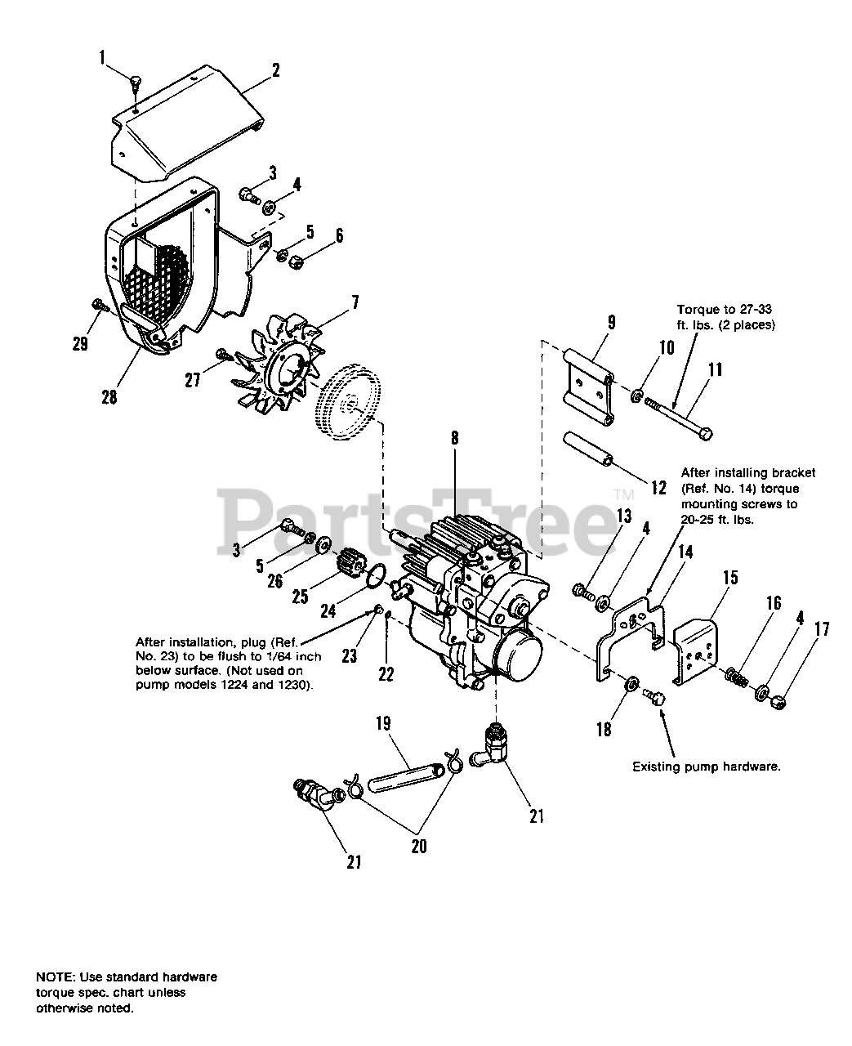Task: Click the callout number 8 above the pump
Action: (x=453, y=438)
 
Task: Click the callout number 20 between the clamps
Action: (x=418, y=846)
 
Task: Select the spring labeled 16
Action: (x=738, y=677)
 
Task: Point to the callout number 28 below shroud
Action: (x=109, y=396)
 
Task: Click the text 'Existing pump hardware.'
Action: (x=707, y=767)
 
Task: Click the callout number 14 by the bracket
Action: (x=685, y=552)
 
